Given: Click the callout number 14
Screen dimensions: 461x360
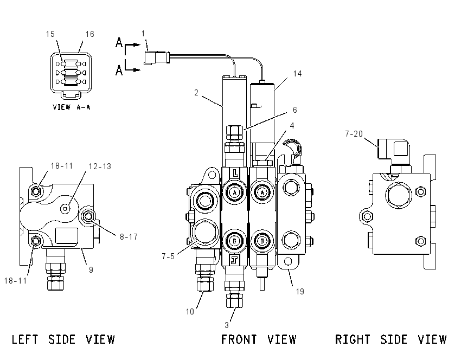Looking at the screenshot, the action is (298, 74).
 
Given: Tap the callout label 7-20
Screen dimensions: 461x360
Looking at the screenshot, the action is (354, 134).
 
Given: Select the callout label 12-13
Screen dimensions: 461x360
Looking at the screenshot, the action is (100, 166).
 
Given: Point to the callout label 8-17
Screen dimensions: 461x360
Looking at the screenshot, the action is (129, 236).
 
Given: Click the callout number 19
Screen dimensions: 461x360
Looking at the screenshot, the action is (300, 292).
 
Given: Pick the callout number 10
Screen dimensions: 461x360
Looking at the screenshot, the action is (190, 312).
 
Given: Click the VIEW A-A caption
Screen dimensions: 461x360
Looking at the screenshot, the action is (72, 107).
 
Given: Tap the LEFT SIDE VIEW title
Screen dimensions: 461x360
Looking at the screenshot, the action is (63, 339).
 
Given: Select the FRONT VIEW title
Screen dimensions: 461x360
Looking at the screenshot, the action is (258, 339).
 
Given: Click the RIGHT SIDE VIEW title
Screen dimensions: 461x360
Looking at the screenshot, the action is (390, 339).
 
